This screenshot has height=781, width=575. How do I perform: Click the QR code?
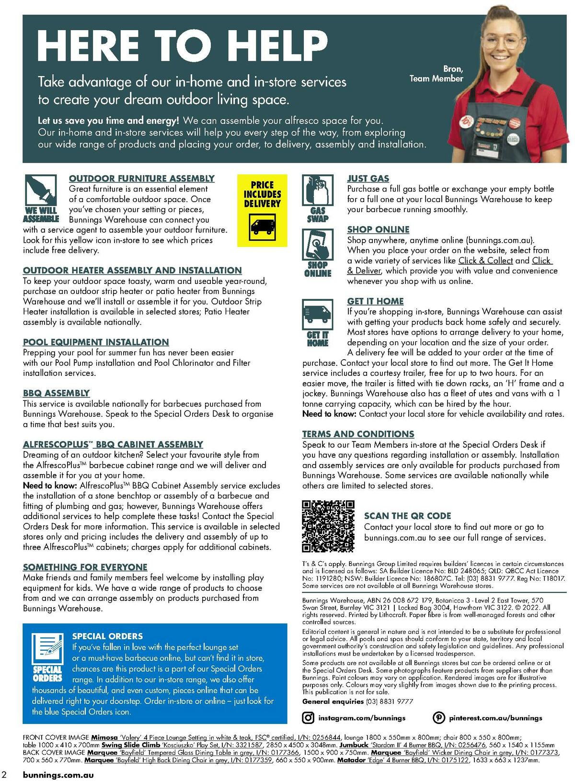tap(328, 526)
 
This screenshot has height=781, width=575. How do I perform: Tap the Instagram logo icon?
tap(309, 718)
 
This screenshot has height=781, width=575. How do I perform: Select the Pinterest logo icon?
tap(438, 718)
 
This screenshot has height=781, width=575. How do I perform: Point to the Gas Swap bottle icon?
tap(317, 190)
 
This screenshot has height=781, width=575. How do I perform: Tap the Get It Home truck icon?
tap(317, 314)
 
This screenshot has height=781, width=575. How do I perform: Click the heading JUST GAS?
tap(368, 179)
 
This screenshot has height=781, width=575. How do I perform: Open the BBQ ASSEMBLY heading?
tap(57, 393)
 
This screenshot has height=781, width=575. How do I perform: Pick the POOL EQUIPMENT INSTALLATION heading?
tap(96, 342)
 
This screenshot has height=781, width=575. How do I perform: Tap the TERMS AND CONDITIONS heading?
tap(358, 434)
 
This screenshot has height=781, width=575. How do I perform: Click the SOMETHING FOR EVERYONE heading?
tap(85, 567)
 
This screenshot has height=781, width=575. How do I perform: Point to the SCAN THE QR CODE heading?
tap(407, 516)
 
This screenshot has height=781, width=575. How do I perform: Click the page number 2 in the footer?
tap(4, 775)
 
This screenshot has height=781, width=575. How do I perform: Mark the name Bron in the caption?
tap(453, 69)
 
